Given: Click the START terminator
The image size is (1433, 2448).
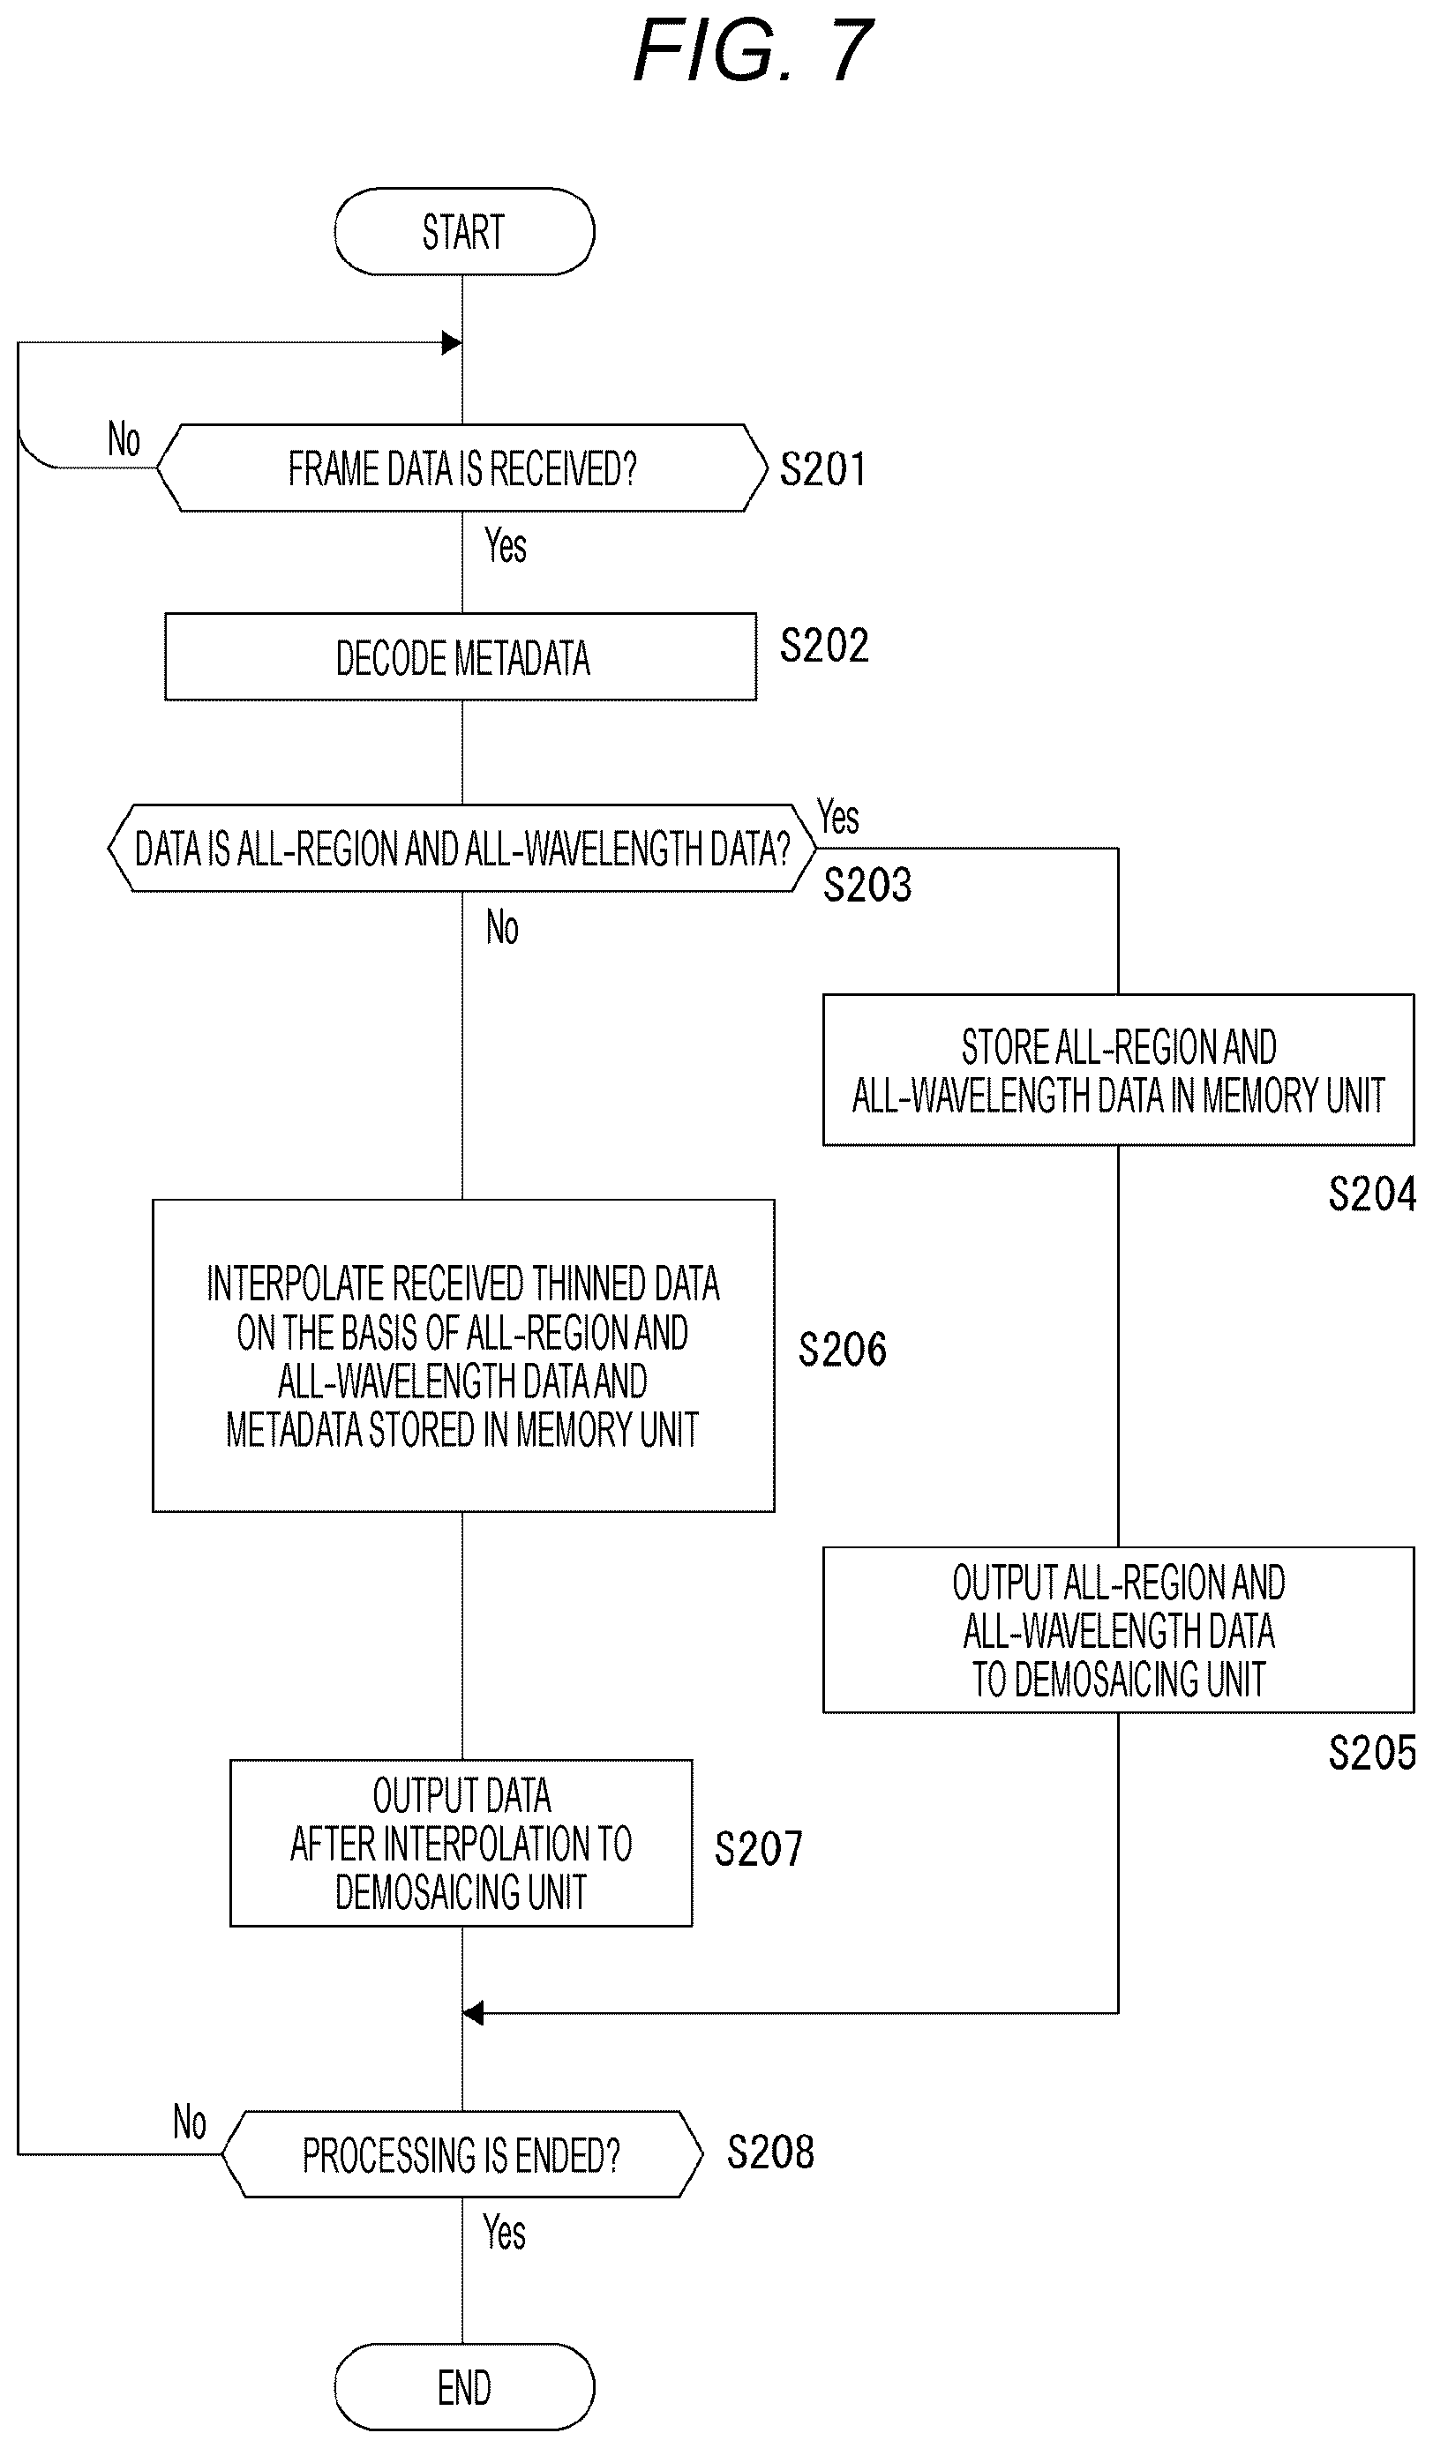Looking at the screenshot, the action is click(x=463, y=231).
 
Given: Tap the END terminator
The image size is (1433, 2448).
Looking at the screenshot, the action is click(x=463, y=2387).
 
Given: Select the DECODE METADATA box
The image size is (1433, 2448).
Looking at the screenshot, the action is click(x=461, y=656).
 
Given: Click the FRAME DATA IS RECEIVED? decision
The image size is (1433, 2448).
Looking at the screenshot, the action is click(x=461, y=468).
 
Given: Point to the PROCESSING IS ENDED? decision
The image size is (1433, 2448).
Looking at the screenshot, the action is click(x=461, y=2154).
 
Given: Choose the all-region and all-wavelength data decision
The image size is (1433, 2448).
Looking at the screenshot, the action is click(x=461, y=848).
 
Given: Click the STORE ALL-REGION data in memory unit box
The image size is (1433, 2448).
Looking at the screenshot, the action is click(x=1118, y=1069).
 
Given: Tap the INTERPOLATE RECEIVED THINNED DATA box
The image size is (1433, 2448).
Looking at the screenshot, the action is click(x=463, y=1355).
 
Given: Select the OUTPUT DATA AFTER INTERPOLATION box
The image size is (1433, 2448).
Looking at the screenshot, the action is click(x=461, y=1843).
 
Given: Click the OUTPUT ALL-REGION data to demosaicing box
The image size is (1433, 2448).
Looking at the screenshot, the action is click(x=1118, y=1630).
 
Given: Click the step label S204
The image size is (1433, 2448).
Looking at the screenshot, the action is click(x=1372, y=1194).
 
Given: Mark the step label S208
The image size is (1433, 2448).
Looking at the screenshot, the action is click(x=770, y=2152).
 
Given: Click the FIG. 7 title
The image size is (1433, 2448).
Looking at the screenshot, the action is click(x=754, y=50).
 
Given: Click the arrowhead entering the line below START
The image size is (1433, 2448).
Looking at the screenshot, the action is click(x=452, y=343).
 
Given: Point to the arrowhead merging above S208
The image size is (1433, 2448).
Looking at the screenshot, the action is click(x=473, y=2013).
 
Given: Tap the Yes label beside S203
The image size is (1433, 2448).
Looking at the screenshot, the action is click(x=837, y=817).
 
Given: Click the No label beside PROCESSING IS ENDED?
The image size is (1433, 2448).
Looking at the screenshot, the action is click(x=190, y=2122).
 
